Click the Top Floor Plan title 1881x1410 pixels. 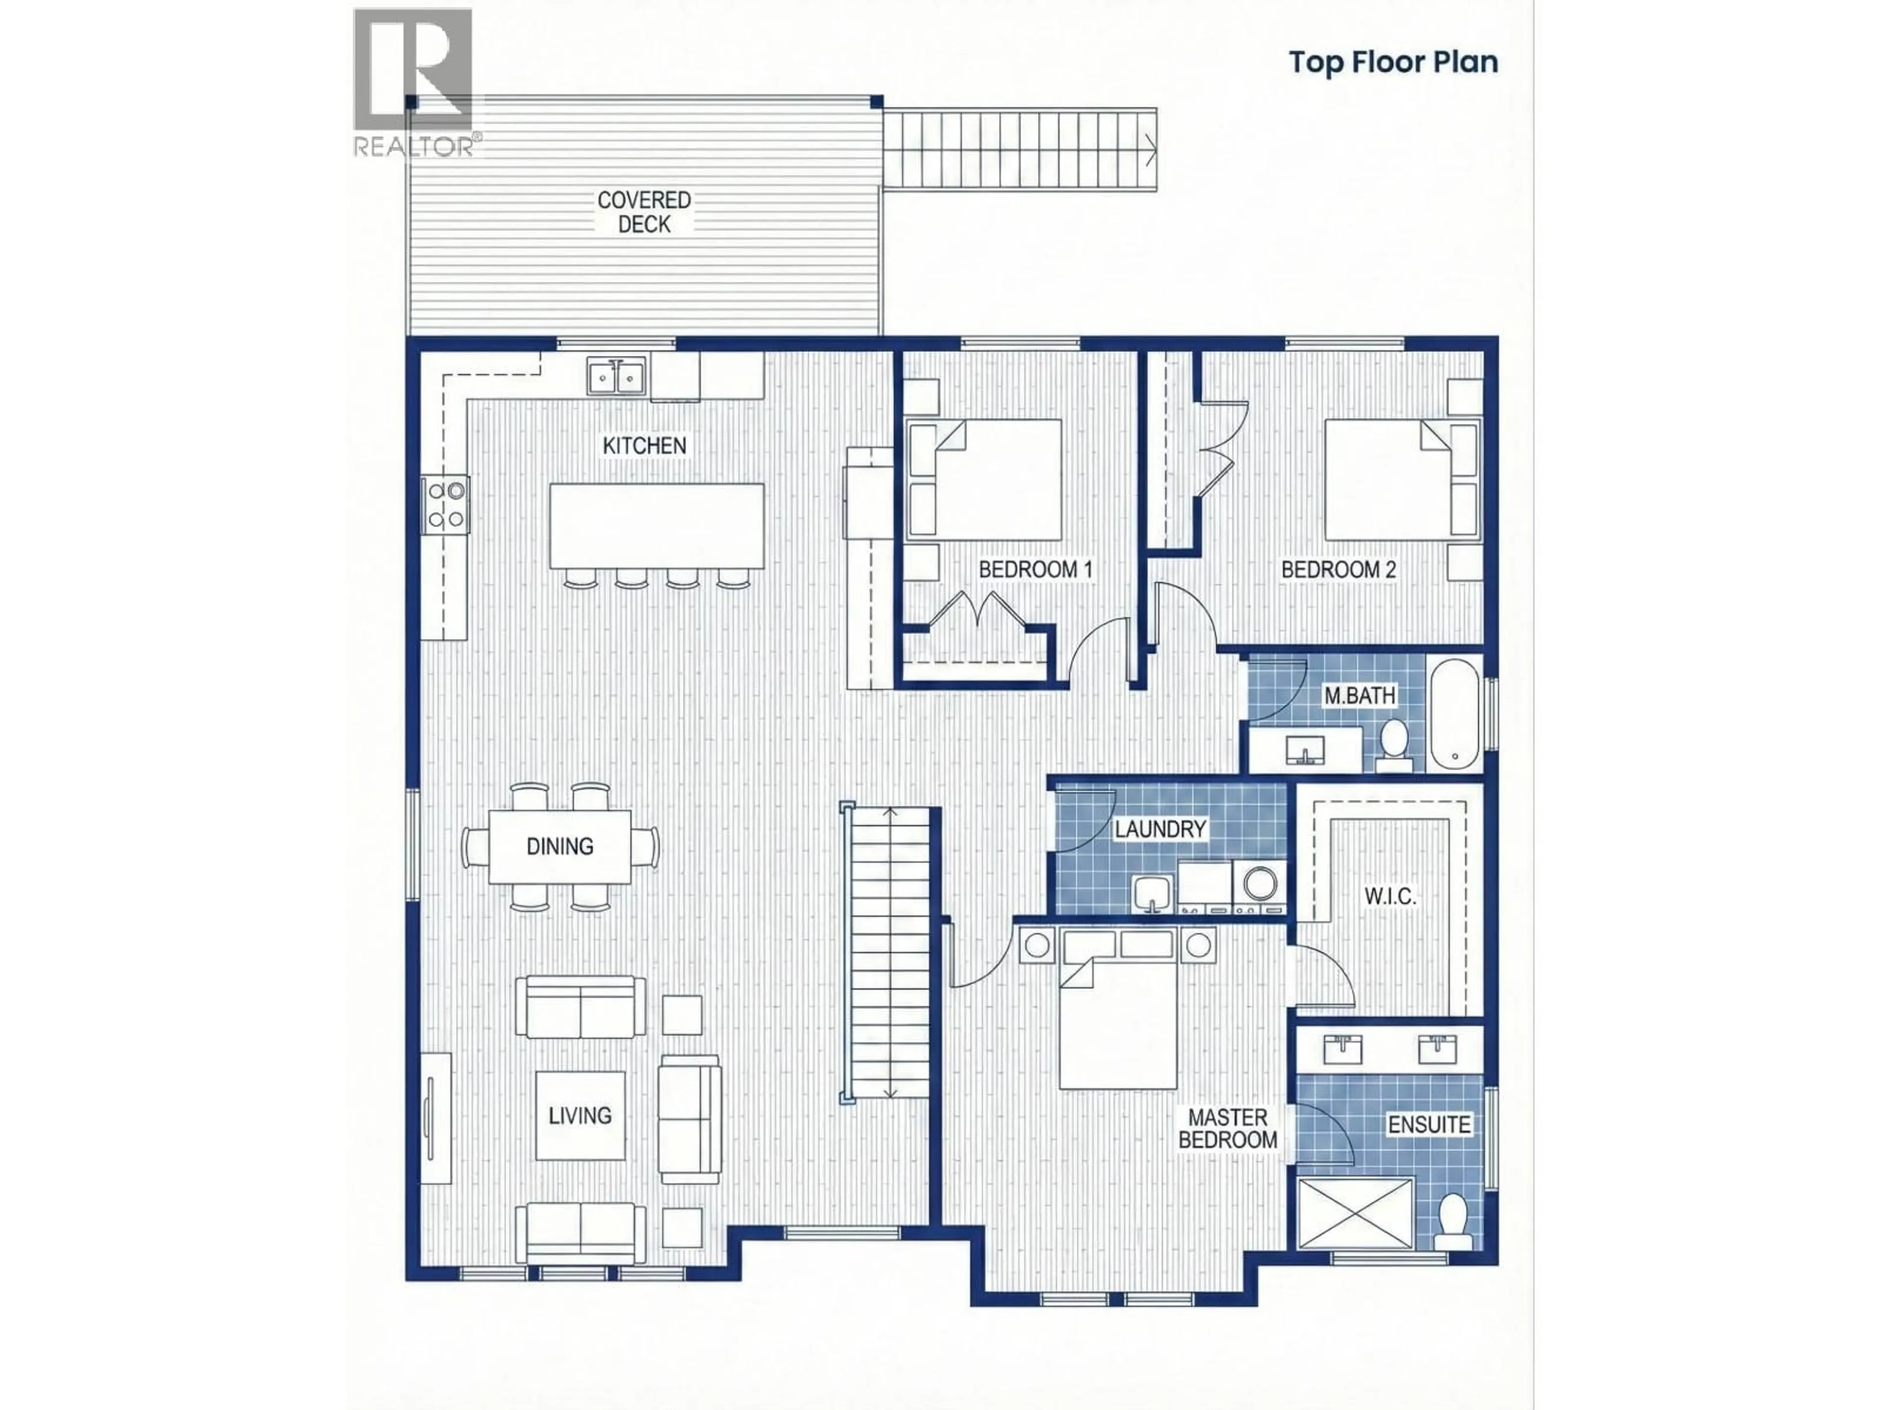(1393, 62)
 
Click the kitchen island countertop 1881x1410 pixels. (655, 525)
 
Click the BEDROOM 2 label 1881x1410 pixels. (1338, 569)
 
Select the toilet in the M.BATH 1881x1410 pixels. (1393, 744)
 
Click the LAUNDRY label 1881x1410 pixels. (1160, 829)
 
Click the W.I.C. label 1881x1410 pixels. (1390, 896)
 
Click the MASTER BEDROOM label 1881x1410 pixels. (1227, 1128)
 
